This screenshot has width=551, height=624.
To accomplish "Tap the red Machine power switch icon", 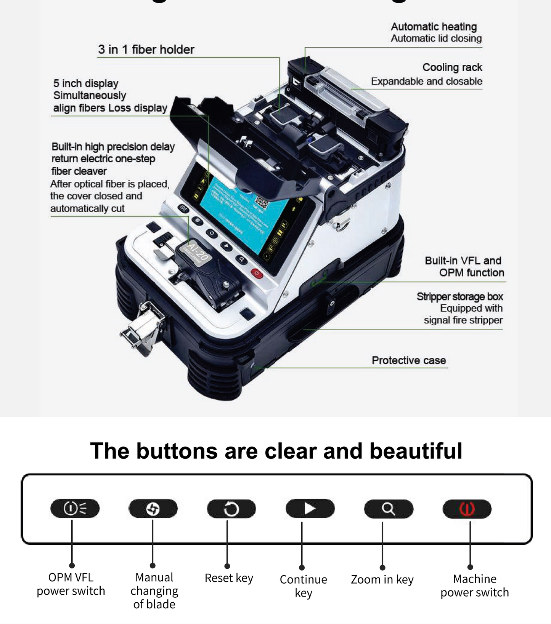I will coord(467,509).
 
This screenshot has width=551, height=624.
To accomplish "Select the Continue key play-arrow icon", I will coord(310,508).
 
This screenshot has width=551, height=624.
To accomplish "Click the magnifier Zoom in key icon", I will coord(389,509).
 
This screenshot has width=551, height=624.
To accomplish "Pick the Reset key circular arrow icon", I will coord(231,509).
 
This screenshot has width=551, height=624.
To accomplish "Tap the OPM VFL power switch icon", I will coord(75,508).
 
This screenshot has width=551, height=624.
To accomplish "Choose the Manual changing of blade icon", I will coord(153,509).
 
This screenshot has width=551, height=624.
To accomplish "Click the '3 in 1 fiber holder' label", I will coord(146,50).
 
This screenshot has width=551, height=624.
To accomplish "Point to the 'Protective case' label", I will coord(409,360).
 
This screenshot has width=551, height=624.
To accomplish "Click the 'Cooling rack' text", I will coord(452,67).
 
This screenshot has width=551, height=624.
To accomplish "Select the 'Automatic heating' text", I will coord(434,27).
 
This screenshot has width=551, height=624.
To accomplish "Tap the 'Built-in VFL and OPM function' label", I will coord(464,267).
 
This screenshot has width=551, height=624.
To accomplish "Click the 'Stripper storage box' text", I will coord(459,296).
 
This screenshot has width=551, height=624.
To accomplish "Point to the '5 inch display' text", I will coord(86,83).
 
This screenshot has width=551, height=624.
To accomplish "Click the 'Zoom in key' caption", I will coord(382,579).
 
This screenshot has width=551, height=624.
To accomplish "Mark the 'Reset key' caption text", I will coord(229,578).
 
